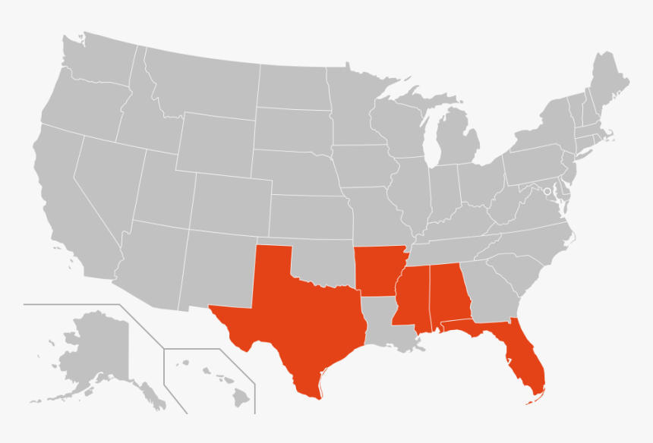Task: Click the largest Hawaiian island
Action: point(241,395)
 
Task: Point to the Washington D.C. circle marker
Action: point(547,191)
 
